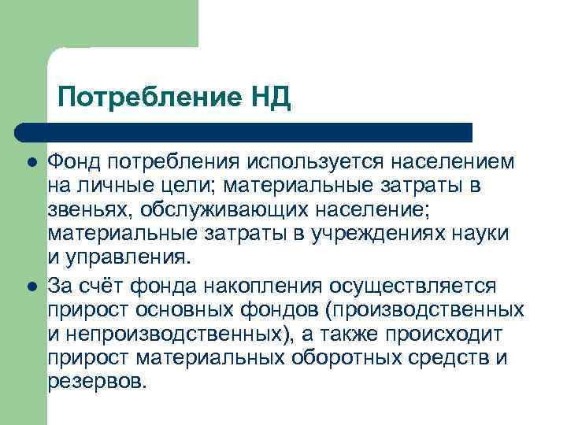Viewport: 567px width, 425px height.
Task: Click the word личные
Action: coord(114,187)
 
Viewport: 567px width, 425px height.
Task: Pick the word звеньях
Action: coord(86,211)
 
